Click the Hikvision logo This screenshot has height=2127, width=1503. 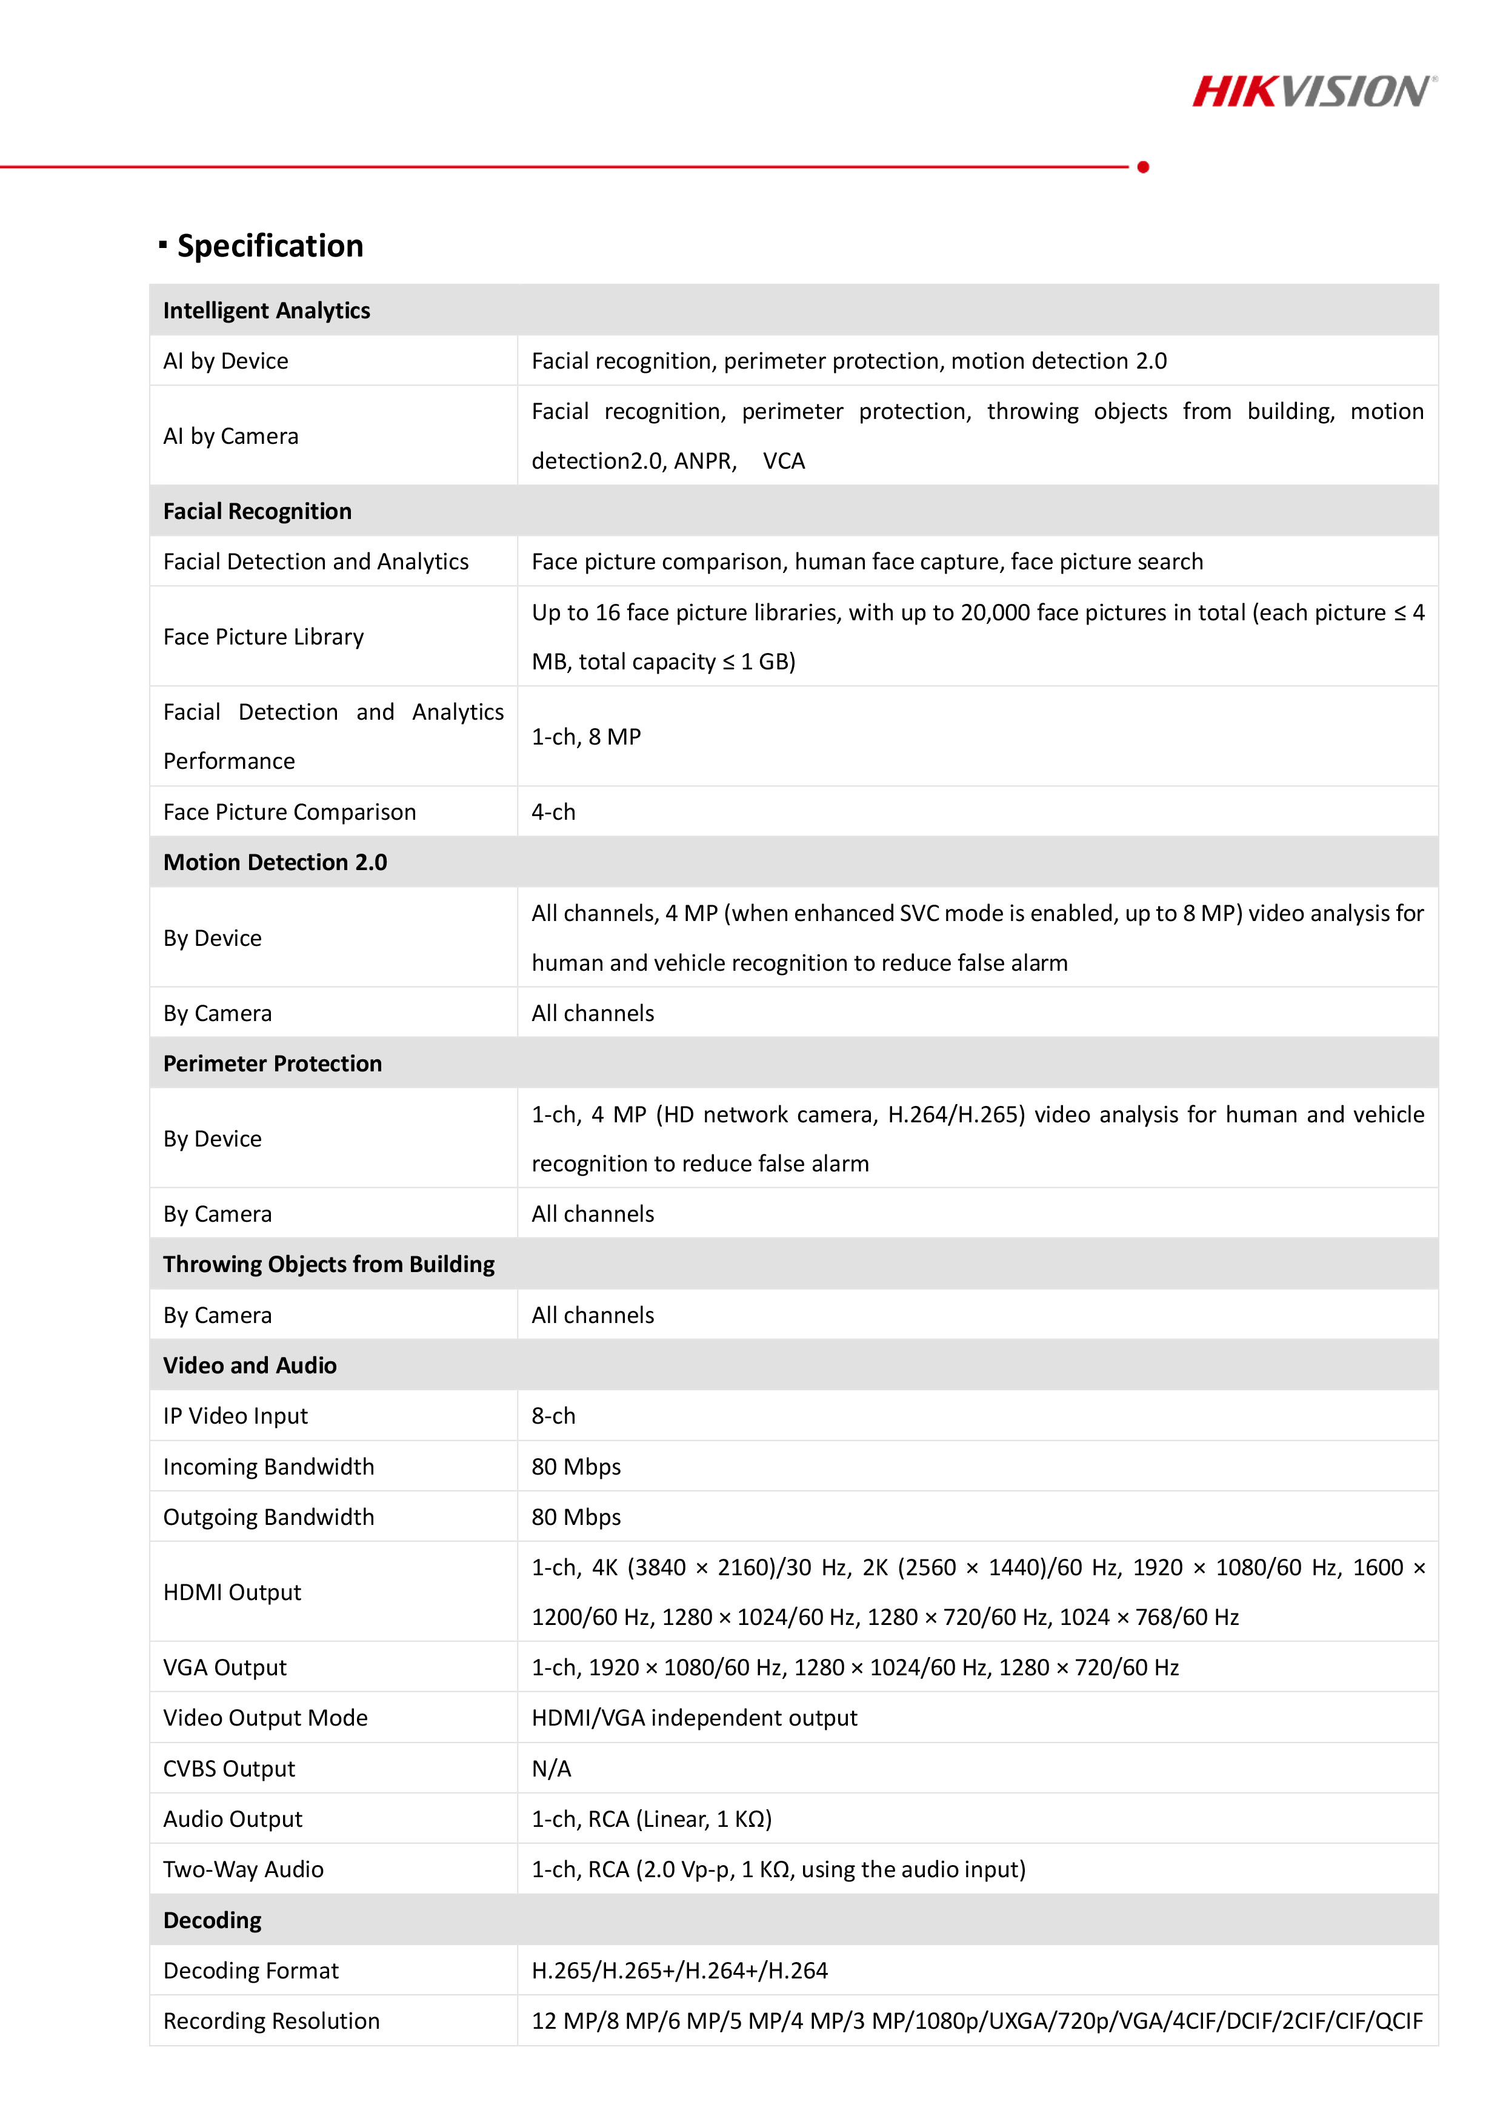coord(1314,92)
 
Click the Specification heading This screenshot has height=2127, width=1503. coord(270,246)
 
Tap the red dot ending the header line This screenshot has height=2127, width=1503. coord(1143,167)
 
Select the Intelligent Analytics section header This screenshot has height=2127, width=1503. coord(267,310)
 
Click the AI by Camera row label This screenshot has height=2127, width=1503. coord(230,437)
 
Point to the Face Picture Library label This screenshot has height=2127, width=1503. coord(263,637)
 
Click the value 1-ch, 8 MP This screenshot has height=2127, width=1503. coord(586,737)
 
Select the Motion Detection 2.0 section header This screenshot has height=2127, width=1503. coord(275,862)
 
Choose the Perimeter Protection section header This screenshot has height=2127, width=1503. coord(272,1063)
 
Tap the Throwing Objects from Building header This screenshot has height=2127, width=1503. coord(328,1265)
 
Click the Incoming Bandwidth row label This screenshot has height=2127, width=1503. coord(268,1467)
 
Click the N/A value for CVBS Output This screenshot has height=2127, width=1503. coord(551,1769)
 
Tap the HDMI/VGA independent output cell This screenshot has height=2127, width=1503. coord(693,1718)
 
